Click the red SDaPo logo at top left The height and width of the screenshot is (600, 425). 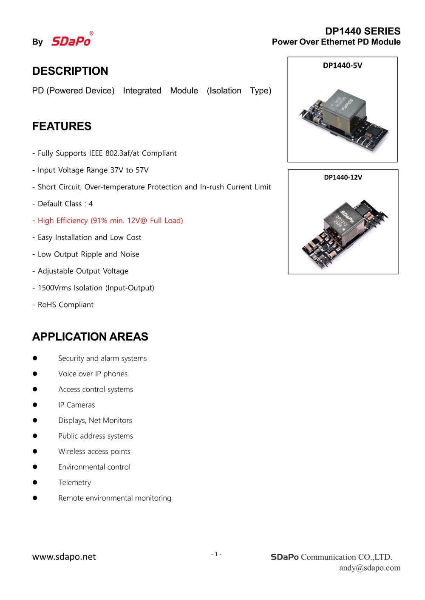71,41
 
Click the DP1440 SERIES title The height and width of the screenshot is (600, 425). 363,31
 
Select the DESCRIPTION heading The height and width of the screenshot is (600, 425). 70,71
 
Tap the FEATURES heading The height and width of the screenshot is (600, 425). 62,126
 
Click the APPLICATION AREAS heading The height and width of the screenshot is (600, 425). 90,337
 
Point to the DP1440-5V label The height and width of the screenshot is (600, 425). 343,65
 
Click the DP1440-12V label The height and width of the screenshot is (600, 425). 343,177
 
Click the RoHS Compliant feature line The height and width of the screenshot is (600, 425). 65,304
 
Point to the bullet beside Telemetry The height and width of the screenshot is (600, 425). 35,482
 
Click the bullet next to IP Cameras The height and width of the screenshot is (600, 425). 35,405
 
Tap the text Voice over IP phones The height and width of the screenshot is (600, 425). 93,374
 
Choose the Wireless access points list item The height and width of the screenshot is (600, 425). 94,451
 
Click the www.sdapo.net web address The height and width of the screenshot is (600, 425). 64,557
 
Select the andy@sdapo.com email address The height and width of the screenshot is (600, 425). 370,568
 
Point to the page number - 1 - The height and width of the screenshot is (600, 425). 216,554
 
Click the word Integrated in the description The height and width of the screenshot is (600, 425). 142,90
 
